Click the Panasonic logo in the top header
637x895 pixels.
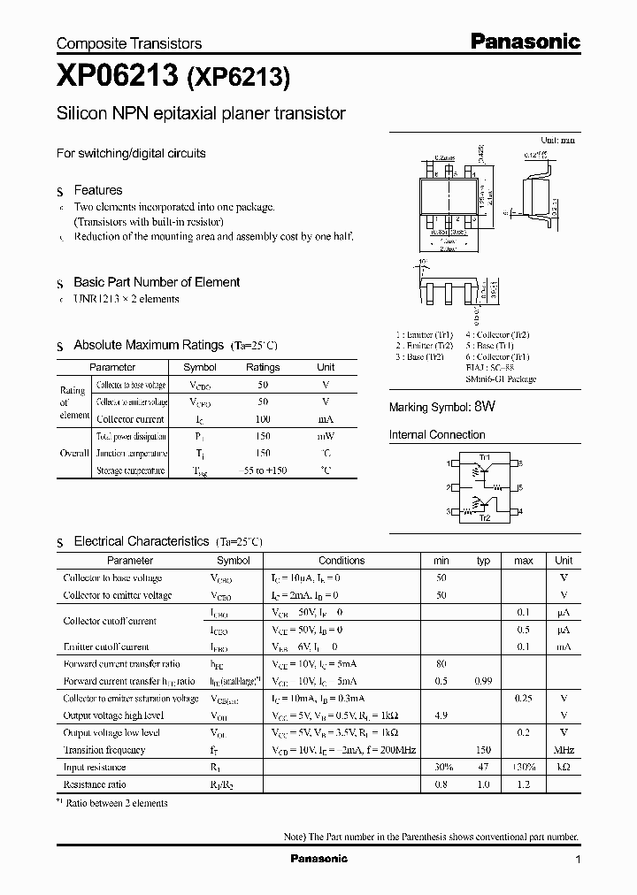click(x=524, y=41)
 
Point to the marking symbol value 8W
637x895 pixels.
click(x=484, y=407)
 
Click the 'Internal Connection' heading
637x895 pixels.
click(x=437, y=435)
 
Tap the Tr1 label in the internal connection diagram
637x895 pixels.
click(x=484, y=456)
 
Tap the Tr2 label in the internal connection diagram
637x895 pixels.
click(x=484, y=518)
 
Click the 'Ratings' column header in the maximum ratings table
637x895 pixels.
click(x=263, y=367)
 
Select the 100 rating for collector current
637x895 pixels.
click(x=263, y=418)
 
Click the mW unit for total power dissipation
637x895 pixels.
click(x=326, y=436)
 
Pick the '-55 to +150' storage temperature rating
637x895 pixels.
click(x=263, y=470)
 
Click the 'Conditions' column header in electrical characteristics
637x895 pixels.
click(x=342, y=560)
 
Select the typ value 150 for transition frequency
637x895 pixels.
click(x=483, y=750)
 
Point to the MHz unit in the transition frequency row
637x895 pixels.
click(x=564, y=750)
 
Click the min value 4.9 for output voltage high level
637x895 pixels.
click(x=441, y=715)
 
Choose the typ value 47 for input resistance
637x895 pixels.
click(x=483, y=768)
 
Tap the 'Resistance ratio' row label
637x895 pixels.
click(x=95, y=784)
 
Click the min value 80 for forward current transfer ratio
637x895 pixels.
click(x=441, y=663)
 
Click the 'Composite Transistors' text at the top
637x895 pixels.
click(x=129, y=43)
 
